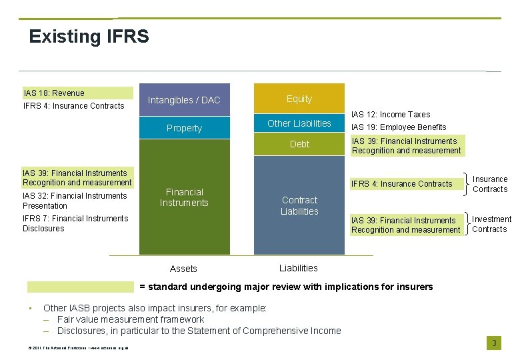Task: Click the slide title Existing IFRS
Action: (x=89, y=36)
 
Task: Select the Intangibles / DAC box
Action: (x=184, y=100)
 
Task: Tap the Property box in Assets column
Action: (x=184, y=128)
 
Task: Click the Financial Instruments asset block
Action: (x=184, y=197)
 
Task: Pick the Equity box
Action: (x=299, y=99)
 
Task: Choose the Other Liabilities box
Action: (x=299, y=123)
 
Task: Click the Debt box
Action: (x=299, y=144)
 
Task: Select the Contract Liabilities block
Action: (x=299, y=205)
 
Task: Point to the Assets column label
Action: (x=183, y=269)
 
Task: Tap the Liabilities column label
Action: (x=299, y=268)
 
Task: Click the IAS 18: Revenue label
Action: (x=54, y=93)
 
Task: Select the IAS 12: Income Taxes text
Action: (x=391, y=115)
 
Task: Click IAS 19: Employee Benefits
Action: (x=399, y=127)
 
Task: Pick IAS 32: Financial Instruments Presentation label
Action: (x=75, y=201)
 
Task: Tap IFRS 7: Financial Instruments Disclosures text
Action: (x=75, y=223)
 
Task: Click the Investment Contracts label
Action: (x=491, y=224)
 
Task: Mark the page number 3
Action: (x=494, y=343)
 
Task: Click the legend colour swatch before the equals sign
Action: (x=80, y=287)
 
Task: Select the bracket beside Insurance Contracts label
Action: (x=465, y=184)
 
